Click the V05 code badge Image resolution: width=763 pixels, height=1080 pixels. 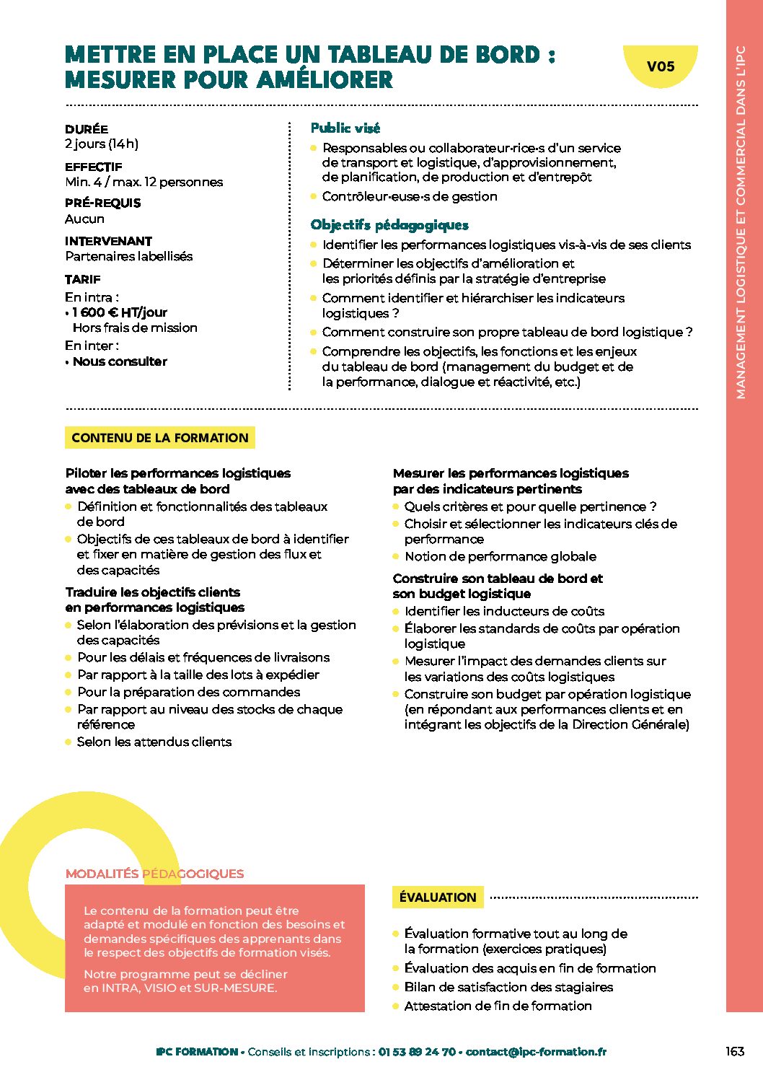coord(660,66)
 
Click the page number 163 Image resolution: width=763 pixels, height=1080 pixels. coord(735,1051)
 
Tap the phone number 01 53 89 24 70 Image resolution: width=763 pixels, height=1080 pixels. coord(417,1052)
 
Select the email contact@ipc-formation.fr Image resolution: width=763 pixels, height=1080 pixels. coord(536,1052)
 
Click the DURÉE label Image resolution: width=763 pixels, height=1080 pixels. coord(87,129)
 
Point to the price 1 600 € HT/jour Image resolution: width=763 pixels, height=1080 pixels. coord(120,312)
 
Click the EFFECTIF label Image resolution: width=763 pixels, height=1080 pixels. coord(94,167)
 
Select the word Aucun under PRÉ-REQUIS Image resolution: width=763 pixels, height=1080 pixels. coord(84,219)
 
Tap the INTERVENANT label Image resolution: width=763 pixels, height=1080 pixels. coord(108,241)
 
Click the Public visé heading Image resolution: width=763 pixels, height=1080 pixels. coord(345,128)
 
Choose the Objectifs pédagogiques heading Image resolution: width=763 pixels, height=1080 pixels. coord(389,225)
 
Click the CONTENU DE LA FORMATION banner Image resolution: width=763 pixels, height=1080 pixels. coord(159,438)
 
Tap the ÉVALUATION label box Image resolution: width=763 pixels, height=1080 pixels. coord(438,897)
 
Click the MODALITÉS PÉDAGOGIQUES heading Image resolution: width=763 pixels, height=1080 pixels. coord(154,874)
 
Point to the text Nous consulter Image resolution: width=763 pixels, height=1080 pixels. coord(120,361)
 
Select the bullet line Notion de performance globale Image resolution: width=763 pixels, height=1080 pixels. coord(500,556)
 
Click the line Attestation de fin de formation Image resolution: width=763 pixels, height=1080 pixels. coord(498,1006)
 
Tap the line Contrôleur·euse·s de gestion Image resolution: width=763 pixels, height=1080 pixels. coord(410,196)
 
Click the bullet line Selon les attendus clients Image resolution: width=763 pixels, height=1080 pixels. coord(154,742)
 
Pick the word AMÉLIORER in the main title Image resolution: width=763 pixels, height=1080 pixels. coord(325,79)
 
